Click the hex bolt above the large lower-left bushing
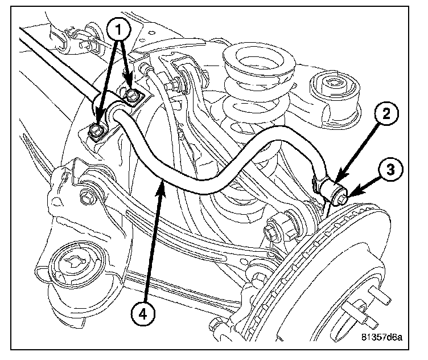point(87,199)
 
